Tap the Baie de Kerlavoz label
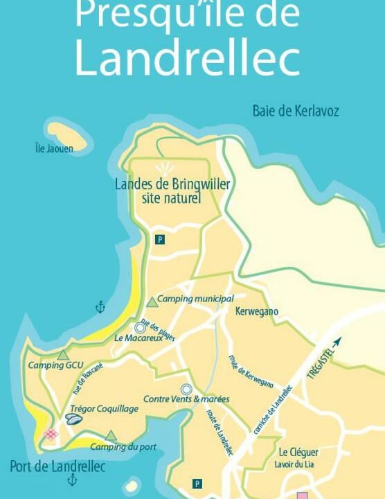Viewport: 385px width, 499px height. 296,111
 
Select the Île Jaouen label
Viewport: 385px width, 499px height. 54,148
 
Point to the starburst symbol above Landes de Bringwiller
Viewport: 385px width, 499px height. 165,168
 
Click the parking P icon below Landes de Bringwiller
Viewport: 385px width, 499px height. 160,239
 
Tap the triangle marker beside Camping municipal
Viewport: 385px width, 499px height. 152,301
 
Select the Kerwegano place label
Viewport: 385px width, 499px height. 256,312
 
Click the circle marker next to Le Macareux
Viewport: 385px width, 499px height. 140,327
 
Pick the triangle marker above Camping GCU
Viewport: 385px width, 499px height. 63,355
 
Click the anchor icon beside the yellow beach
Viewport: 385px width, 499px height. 100,307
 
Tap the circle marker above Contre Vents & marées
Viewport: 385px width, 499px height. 186,389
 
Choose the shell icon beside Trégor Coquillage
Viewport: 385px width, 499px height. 75,419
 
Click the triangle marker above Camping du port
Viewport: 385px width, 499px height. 111,435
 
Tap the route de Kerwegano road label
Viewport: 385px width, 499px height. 251,371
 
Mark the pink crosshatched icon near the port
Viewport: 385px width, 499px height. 51,435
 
